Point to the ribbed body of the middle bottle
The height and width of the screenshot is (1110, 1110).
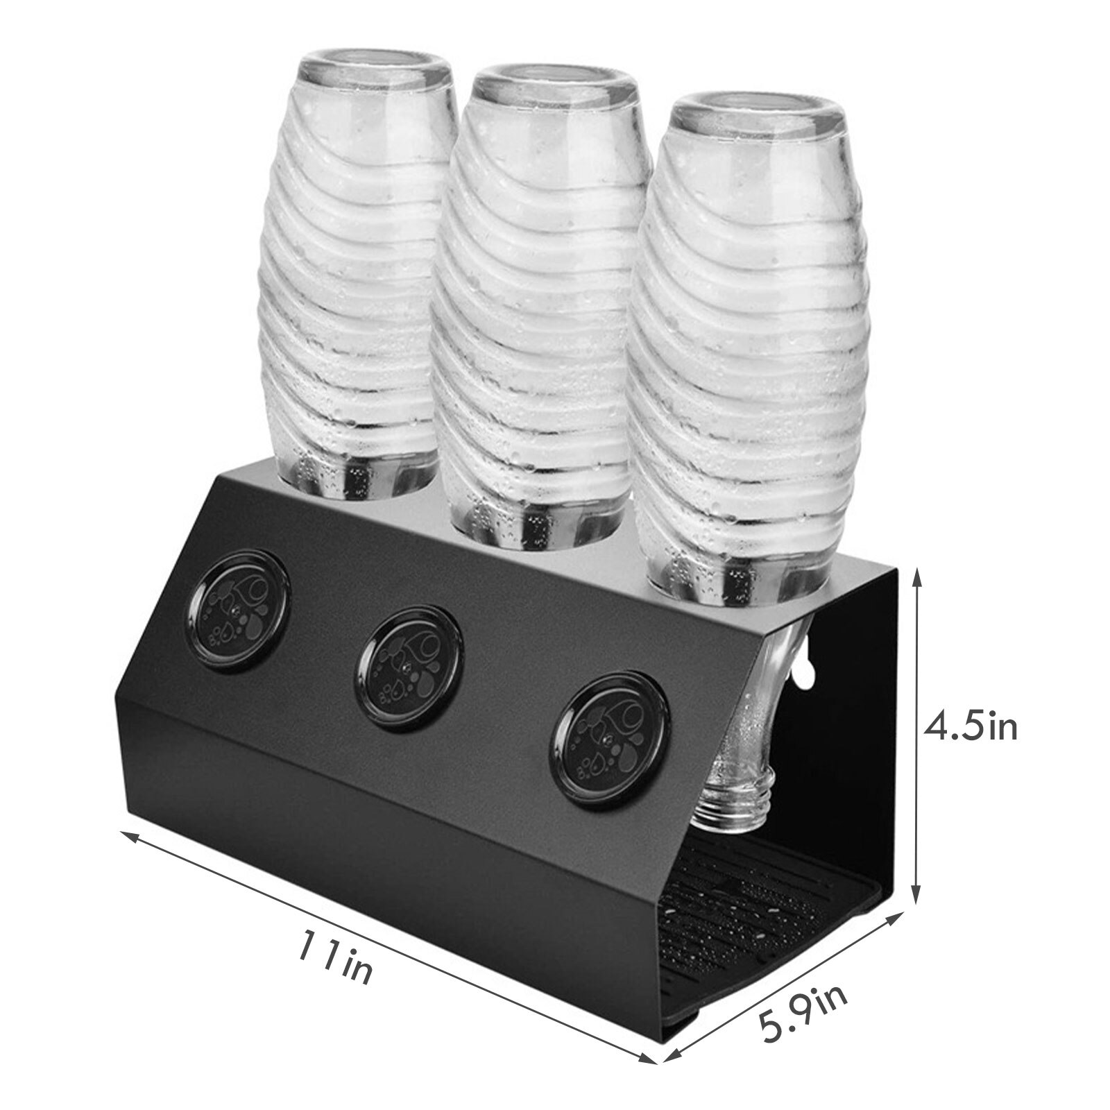(548, 312)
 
